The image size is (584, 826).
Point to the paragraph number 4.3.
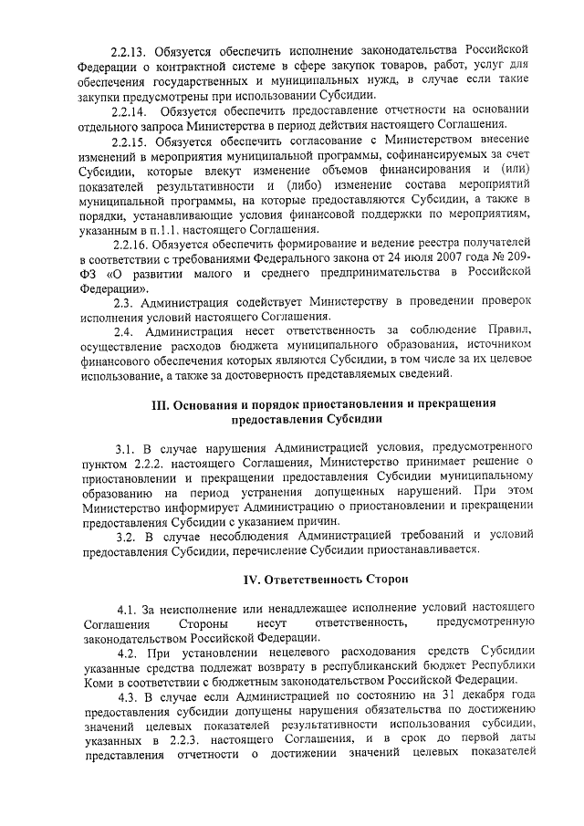129,696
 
